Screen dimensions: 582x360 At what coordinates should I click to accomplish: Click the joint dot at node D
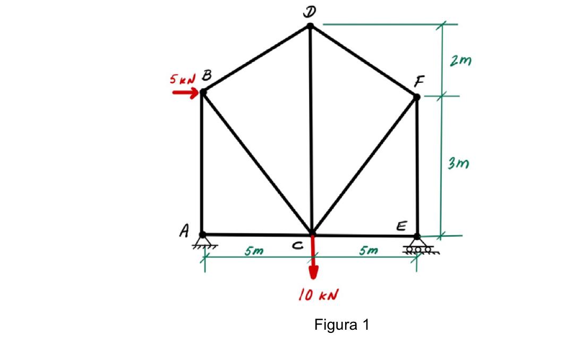[311, 25]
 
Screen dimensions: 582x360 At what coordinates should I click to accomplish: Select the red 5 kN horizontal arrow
[185, 92]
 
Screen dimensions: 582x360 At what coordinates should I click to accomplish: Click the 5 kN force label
[181, 79]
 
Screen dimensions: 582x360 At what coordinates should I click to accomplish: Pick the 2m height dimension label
[459, 61]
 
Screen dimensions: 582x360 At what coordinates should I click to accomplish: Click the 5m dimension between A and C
[254, 251]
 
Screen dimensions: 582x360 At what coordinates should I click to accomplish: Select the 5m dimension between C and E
[368, 250]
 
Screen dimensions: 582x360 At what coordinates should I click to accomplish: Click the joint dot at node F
[417, 97]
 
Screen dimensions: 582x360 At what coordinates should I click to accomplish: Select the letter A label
[184, 230]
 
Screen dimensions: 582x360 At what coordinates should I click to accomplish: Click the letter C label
[298, 245]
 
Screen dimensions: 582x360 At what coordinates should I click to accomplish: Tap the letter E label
[402, 227]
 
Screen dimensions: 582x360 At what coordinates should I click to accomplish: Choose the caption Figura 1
[341, 324]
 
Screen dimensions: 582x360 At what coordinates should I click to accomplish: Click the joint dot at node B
[203, 92]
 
